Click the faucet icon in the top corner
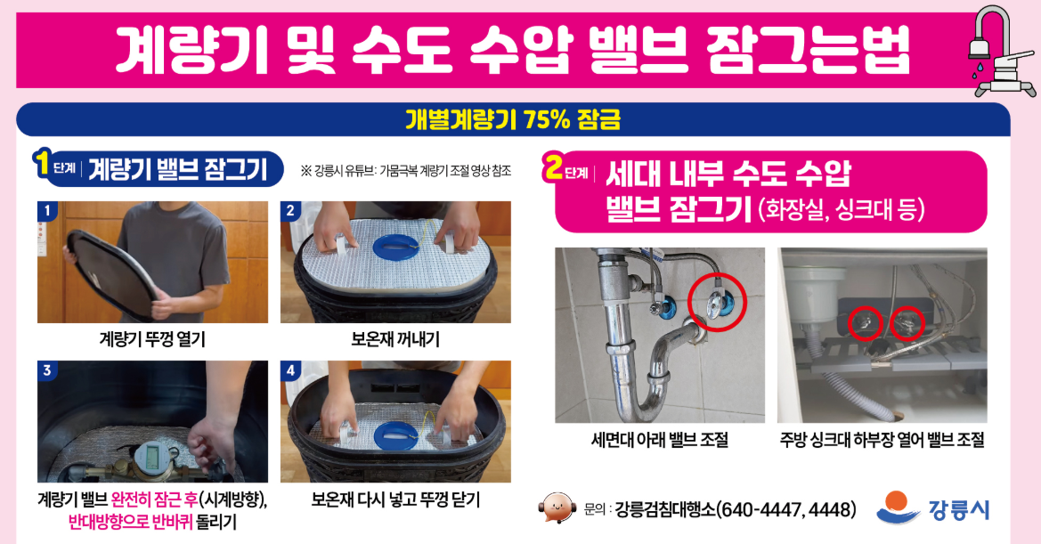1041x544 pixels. tap(1002, 49)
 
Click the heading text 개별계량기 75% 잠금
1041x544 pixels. tap(512, 119)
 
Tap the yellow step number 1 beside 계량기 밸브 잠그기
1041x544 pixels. tap(41, 163)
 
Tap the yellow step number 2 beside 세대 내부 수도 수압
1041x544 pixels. tap(554, 168)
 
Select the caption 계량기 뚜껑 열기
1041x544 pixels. tap(152, 338)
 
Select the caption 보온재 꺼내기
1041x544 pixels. tap(395, 338)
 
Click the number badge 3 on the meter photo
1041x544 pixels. tap(47, 370)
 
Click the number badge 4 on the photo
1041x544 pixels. tap(290, 370)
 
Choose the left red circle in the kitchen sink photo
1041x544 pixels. tap(865, 324)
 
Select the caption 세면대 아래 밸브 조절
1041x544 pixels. tap(660, 440)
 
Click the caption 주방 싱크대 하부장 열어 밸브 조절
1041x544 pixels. tap(882, 440)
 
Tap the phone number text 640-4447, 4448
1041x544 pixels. tap(786, 509)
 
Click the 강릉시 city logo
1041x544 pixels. tap(932, 508)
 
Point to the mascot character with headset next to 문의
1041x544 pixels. tap(557, 508)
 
